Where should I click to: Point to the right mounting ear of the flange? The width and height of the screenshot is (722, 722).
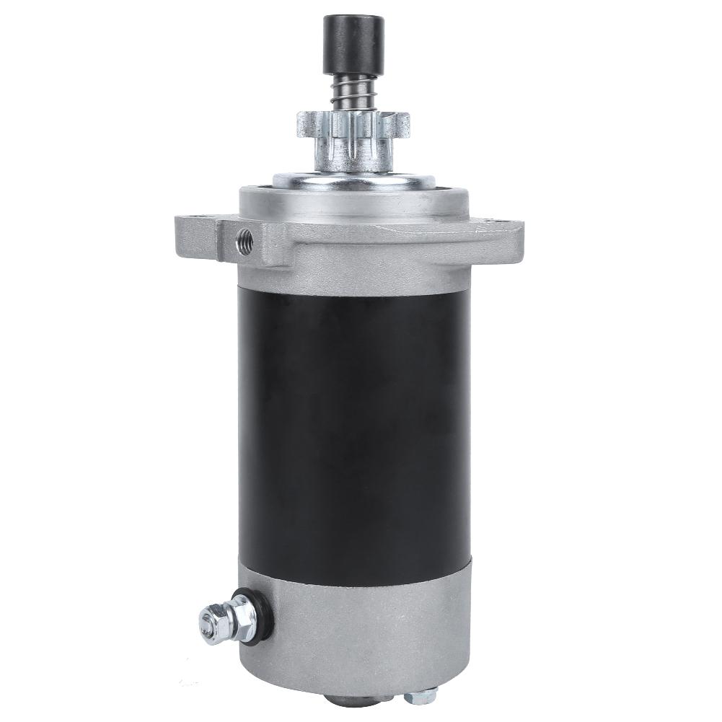tap(505, 229)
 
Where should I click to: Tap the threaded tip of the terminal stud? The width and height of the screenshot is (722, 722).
tap(203, 622)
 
